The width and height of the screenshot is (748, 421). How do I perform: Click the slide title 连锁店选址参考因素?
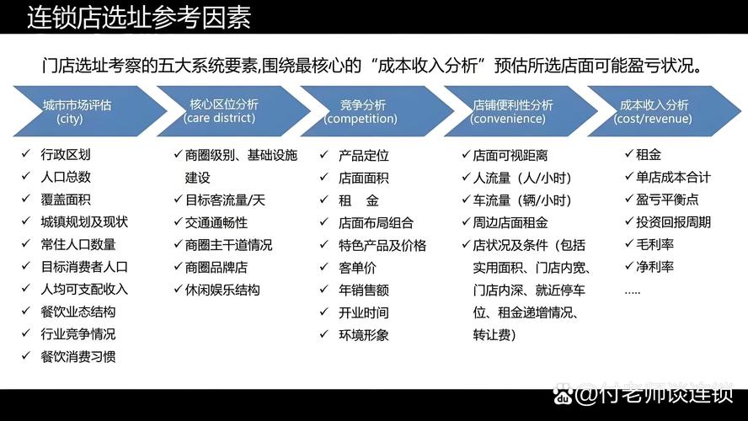(x=139, y=17)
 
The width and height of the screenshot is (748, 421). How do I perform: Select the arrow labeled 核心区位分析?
(x=222, y=111)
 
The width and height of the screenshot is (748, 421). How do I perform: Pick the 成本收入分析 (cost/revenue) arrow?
(x=654, y=111)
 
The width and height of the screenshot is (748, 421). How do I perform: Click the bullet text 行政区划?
(x=66, y=155)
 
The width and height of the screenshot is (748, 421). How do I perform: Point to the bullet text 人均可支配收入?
(x=84, y=289)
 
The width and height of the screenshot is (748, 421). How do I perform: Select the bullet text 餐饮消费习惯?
(x=78, y=356)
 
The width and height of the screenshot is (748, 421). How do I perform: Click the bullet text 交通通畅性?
(x=216, y=222)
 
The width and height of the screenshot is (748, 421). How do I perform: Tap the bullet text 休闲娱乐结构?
(x=222, y=290)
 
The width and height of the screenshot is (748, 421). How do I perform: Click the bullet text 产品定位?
(x=364, y=156)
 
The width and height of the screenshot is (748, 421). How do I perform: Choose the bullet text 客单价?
(x=357, y=268)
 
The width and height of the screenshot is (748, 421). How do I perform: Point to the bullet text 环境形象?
(x=364, y=334)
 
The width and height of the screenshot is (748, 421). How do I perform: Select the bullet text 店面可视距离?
(x=510, y=156)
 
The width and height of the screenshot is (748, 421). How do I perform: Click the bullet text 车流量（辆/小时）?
(x=522, y=200)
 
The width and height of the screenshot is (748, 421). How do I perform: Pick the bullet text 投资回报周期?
(x=667, y=222)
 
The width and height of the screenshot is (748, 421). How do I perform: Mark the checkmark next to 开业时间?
(x=324, y=312)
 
